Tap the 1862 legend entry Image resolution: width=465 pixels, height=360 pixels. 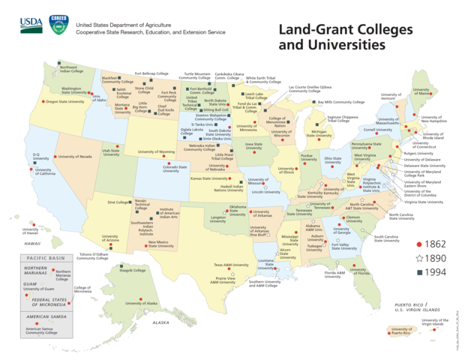tap(433, 244)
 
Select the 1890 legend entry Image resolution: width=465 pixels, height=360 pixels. tap(433, 258)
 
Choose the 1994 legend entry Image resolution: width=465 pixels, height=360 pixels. tap(433, 271)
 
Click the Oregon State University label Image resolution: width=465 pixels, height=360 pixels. tap(65, 101)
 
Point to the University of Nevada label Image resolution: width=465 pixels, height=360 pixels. tap(75, 157)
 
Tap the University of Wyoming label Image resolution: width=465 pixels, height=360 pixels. tap(156, 151)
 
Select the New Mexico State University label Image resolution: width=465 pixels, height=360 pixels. tap(160, 244)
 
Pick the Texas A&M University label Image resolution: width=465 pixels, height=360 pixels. tap(230, 265)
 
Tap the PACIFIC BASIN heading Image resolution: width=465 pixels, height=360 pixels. tap(43, 257)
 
